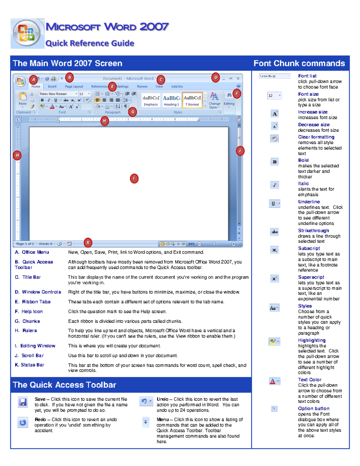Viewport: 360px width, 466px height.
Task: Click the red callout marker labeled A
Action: [x=33, y=80]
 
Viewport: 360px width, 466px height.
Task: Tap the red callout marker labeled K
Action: [x=88, y=242]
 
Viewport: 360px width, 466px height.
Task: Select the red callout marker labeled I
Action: [x=134, y=179]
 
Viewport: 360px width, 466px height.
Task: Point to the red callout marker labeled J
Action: [x=240, y=151]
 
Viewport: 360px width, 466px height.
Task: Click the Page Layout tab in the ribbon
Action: [x=74, y=86]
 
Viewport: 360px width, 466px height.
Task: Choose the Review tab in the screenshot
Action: [x=142, y=86]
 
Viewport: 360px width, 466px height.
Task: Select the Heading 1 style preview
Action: [x=171, y=100]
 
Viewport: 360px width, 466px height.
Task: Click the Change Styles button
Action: [x=214, y=100]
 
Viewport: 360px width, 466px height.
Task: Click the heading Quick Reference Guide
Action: [x=90, y=43]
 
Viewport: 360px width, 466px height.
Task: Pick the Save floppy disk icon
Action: [x=23, y=402]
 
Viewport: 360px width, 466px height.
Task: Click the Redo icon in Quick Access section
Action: [x=23, y=422]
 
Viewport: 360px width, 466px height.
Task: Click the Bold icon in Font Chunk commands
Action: [x=274, y=162]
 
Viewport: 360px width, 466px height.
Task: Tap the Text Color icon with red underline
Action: [x=274, y=381]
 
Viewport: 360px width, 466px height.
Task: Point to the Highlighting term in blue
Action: [x=312, y=340]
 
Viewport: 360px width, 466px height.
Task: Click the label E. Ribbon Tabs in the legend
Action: [x=33, y=302]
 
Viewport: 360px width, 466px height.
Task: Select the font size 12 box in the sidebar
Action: [x=274, y=96]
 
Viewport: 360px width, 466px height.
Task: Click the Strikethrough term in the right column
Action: [x=313, y=230]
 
